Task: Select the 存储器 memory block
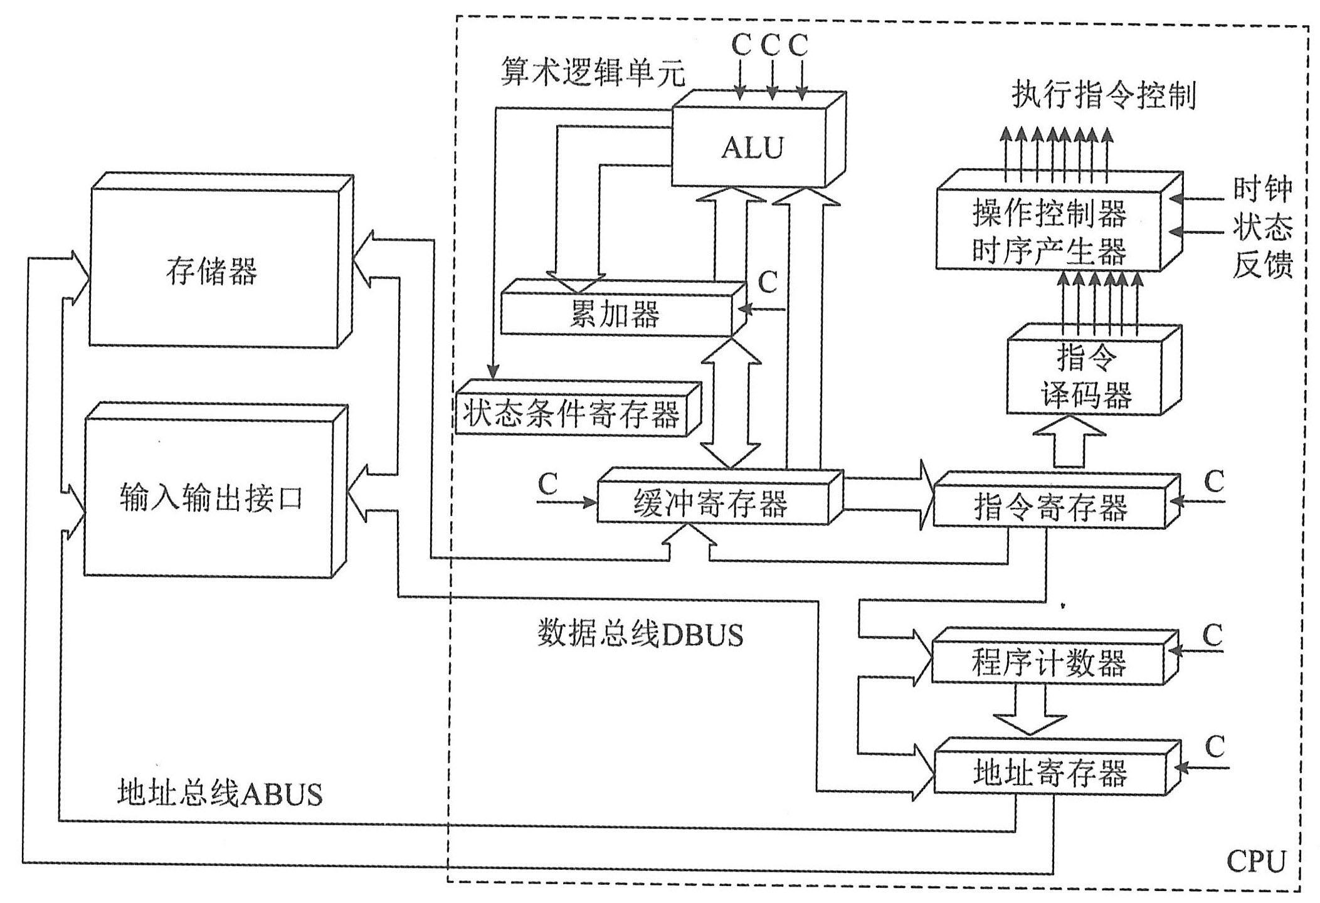click(x=213, y=270)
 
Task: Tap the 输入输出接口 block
click(x=211, y=499)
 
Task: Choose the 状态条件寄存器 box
click(x=571, y=415)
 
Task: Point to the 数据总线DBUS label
click(x=640, y=635)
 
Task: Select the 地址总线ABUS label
click(x=219, y=794)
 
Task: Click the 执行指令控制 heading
click(x=1104, y=96)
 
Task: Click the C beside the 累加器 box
click(x=768, y=283)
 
